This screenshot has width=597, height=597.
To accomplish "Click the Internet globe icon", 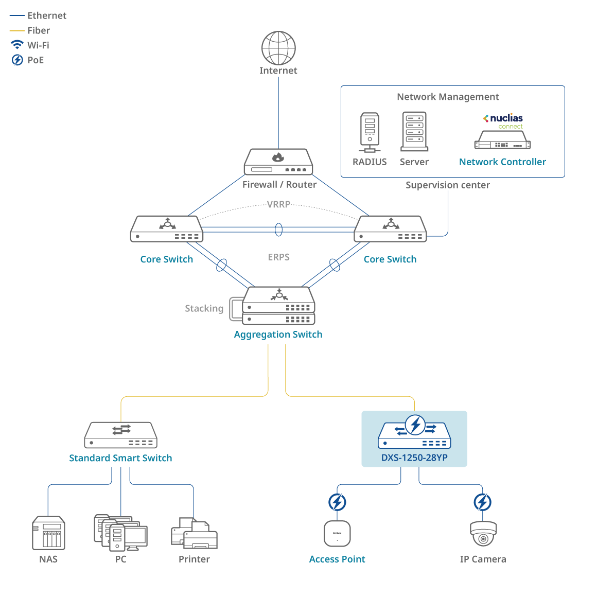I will coord(278,48).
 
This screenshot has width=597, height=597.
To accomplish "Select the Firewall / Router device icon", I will coord(278,162).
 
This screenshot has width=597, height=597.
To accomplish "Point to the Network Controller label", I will coord(502,162).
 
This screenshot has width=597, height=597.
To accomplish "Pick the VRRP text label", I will coord(278,204).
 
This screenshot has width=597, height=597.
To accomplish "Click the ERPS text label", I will coord(278,257).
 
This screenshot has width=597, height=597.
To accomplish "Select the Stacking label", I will coord(204,308).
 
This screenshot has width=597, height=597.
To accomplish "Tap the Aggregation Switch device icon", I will coord(278,306).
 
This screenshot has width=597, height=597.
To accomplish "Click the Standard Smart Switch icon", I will coord(121,435).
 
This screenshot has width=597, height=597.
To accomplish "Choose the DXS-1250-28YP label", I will coord(414,458).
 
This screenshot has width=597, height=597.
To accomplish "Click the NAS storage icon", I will coord(48,533).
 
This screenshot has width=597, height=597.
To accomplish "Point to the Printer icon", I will coord(194,534).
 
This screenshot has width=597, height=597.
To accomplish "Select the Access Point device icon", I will coord(337,533).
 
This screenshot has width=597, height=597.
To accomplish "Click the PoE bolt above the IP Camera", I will coord(483,502).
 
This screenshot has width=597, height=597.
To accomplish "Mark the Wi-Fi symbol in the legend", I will coord(17,45).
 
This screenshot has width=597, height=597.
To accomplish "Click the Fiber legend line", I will coord(17,31).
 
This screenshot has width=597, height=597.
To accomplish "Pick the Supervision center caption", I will coord(447,185).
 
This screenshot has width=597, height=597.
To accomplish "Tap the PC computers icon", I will coord(120,532).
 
